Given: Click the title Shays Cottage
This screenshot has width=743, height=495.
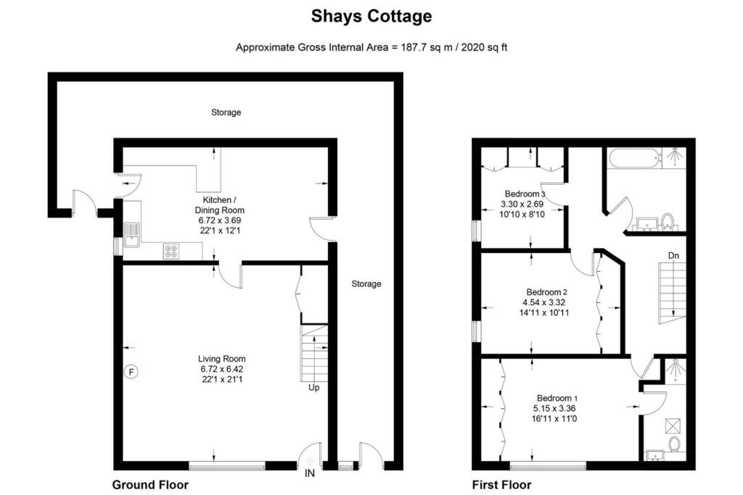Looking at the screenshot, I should [x=371, y=16].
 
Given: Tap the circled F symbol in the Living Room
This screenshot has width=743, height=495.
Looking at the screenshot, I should [x=131, y=372].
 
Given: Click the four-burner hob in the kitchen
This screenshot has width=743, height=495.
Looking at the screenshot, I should [x=173, y=251].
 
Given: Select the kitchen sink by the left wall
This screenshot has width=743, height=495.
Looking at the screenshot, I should [x=131, y=235].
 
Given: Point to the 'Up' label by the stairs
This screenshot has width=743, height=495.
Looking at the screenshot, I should [x=313, y=388].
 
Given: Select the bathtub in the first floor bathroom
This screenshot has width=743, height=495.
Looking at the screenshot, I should [x=634, y=157].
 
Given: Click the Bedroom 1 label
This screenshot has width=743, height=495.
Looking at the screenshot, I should [x=557, y=398].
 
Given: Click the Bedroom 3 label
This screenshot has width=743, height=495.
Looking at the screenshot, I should [x=525, y=194].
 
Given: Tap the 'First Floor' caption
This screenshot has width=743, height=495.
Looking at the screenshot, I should [x=501, y=485].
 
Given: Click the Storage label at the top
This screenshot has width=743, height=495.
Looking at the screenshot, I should [x=226, y=112].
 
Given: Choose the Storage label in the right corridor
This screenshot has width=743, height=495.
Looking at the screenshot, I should [x=366, y=283].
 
